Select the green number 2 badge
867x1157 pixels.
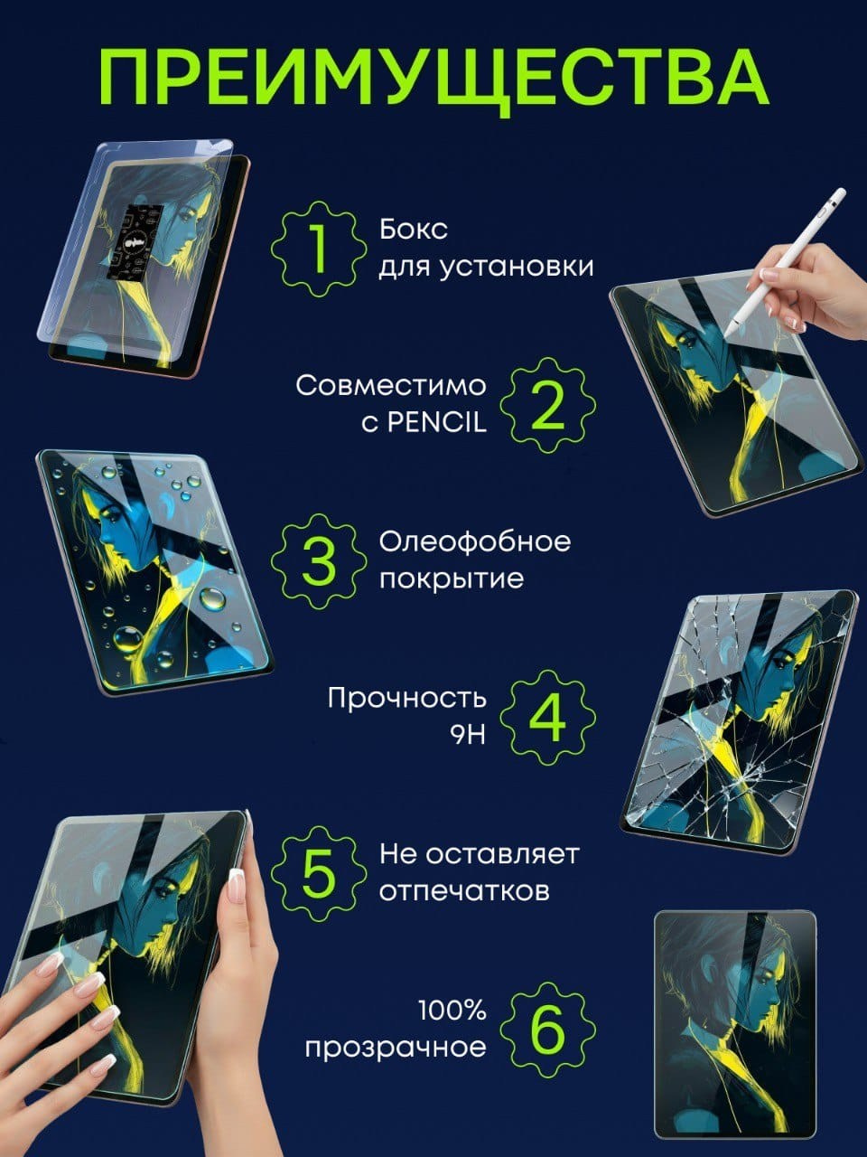(x=547, y=405)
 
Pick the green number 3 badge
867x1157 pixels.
(x=319, y=560)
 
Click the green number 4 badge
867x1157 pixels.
(x=547, y=718)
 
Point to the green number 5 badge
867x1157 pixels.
(x=319, y=873)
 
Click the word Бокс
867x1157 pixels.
(x=414, y=230)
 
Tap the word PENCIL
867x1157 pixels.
(x=437, y=423)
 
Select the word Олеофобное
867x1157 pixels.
(x=475, y=541)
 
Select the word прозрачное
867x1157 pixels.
(x=396, y=1049)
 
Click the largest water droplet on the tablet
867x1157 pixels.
(x=127, y=639)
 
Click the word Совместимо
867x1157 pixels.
(x=390, y=386)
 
